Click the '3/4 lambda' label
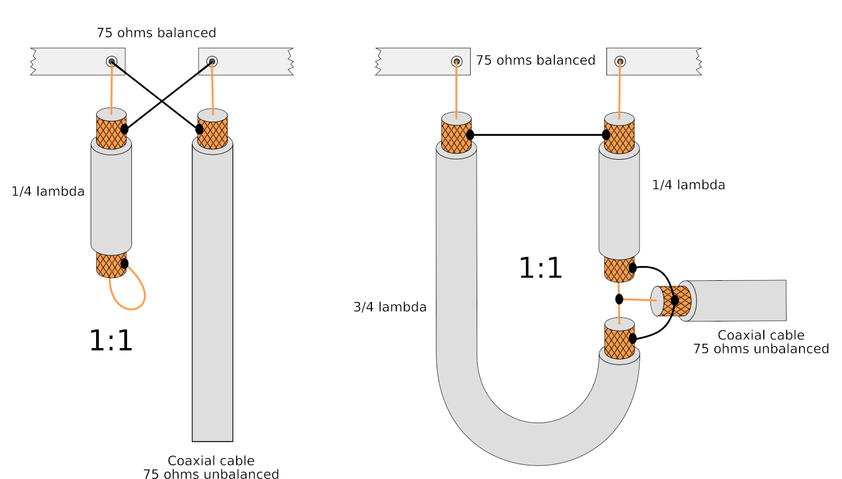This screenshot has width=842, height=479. click(390, 307)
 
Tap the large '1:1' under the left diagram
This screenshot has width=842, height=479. click(111, 341)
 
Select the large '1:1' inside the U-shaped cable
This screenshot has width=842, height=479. click(540, 268)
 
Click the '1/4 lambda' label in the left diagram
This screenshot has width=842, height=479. click(48, 192)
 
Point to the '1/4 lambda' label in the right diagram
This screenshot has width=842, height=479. click(688, 185)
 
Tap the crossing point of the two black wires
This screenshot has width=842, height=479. click(162, 102)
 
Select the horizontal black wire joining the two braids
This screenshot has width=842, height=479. click(537, 135)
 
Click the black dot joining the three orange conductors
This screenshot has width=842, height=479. click(619, 299)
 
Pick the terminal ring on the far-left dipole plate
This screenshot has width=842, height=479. click(111, 61)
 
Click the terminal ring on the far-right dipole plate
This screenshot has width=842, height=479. click(620, 62)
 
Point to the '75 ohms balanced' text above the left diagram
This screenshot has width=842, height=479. click(156, 33)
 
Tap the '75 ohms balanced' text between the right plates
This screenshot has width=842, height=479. click(535, 60)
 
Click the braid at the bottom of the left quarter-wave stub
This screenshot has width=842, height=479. click(110, 265)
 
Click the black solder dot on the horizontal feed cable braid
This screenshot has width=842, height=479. click(675, 300)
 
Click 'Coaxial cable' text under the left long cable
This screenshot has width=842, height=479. click(211, 461)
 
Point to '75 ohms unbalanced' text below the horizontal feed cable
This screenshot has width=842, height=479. click(761, 349)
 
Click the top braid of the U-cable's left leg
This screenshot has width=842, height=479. click(456, 137)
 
